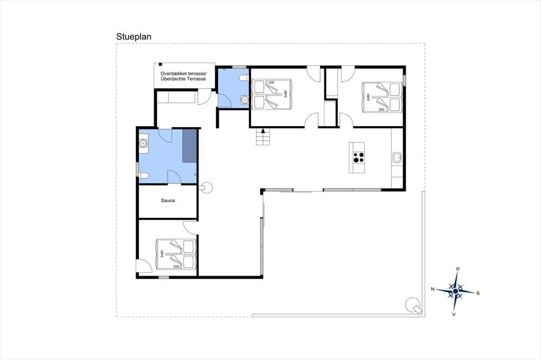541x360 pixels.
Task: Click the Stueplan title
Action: pyautogui.click(x=134, y=36)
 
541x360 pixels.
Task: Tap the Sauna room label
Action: pyautogui.click(x=167, y=201)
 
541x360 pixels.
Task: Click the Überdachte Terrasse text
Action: pyautogui.click(x=183, y=79)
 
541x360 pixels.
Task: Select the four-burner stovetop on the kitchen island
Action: pyautogui.click(x=358, y=158)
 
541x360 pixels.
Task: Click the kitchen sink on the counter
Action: pyautogui.click(x=397, y=157)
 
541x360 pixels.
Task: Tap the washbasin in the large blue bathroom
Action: pyautogui.click(x=143, y=143)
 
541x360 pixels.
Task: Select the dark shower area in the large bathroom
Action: pyautogui.click(x=190, y=146)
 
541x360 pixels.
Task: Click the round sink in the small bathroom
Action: pyautogui.click(x=244, y=100)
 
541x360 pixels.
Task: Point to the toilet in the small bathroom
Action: pyautogui.click(x=245, y=78)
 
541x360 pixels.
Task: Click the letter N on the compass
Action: pyautogui.click(x=433, y=289)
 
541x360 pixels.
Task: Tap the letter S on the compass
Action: pyautogui.click(x=478, y=293)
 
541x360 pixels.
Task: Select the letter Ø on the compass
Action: pyautogui.click(x=458, y=269)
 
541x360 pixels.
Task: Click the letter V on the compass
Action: pyautogui.click(x=454, y=314)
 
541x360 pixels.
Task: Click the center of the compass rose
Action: pyautogui.click(x=455, y=291)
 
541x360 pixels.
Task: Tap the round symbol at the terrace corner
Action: pyautogui.click(x=413, y=305)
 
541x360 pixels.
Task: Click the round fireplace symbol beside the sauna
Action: pyautogui.click(x=207, y=188)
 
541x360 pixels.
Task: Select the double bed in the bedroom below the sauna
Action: pyautogui.click(x=176, y=254)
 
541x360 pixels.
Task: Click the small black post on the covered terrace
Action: pyautogui.click(x=160, y=64)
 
